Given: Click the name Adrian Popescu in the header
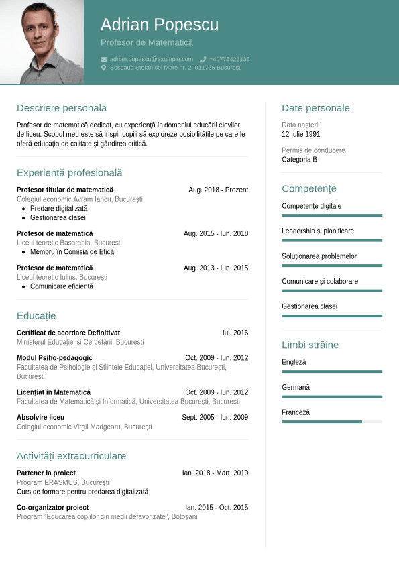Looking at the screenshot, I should pos(160,25).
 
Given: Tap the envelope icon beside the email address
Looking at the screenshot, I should pos(104,59).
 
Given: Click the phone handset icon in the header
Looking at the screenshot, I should pos(203,59).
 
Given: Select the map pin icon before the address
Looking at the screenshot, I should pos(104,68).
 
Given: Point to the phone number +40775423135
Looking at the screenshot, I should pos(229,59).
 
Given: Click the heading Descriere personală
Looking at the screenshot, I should pos(62,108).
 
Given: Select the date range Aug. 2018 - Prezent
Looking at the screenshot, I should pos(218,190).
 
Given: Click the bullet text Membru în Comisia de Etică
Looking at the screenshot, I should pos(72,252).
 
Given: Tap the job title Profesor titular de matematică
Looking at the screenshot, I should pos(65,190).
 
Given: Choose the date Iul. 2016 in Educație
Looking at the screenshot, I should pos(235,333).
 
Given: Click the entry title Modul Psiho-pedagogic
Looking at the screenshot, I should pos(54,358).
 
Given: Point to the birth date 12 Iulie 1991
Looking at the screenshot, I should pos(301,134).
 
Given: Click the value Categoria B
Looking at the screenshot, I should pos(300,160).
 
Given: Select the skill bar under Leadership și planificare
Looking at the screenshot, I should pos(332,240).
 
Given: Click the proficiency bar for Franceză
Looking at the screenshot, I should pos(332,422).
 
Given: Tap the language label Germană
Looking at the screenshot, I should pos(296,388).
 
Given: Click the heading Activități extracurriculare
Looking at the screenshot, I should pos(71,456).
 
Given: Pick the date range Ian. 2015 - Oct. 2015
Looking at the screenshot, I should pos(217,508).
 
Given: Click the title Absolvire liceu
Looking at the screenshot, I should pos(40,417).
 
